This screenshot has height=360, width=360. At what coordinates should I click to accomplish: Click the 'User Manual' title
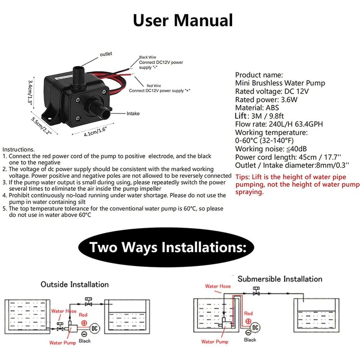tap(183, 20)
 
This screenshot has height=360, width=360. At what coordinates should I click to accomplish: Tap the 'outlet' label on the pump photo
tap(106, 54)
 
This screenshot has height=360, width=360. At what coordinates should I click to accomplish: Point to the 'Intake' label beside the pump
tap(133, 113)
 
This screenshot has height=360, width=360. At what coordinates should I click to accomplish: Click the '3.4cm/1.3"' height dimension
tap(30, 92)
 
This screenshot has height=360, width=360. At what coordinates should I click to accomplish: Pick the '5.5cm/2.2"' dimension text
tap(41, 126)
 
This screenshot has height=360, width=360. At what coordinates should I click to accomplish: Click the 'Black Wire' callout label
tap(148, 57)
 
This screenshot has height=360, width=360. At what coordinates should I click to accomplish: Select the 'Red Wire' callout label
tap(153, 85)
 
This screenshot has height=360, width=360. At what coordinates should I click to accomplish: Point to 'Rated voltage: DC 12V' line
tap(272, 91)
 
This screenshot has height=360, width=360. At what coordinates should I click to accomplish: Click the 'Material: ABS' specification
tap(257, 108)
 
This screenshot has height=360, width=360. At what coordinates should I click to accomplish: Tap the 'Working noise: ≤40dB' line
tap(271, 149)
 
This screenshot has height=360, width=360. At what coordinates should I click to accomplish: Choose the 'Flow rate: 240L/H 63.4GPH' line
tap(279, 124)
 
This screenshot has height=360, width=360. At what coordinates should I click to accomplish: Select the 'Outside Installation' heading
tap(75, 284)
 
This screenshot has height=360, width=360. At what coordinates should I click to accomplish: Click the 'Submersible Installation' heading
tap(280, 279)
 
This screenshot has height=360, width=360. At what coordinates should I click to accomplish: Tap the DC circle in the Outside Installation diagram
tap(94, 328)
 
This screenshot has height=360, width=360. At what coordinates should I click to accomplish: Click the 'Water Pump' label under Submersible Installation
tap(215, 342)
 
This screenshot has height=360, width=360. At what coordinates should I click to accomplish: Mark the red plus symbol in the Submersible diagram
tap(248, 321)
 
